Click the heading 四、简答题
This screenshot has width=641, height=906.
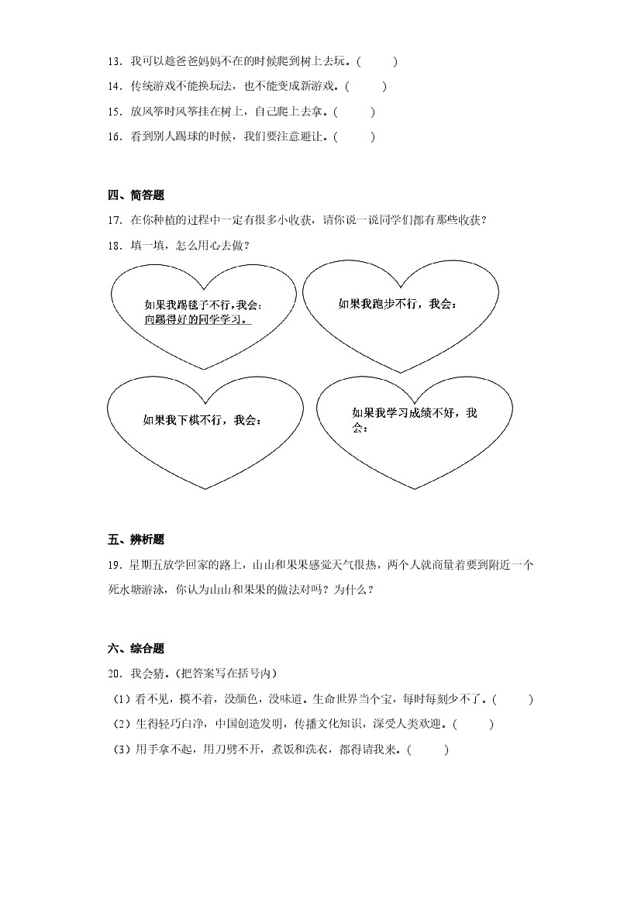click(136, 195)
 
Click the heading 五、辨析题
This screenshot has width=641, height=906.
click(136, 540)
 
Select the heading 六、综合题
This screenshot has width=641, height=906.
click(136, 649)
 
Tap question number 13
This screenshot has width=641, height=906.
click(115, 61)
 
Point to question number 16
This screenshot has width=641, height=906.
click(115, 137)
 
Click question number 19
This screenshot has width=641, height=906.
click(115, 566)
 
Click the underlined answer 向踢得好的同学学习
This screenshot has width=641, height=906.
click(198, 319)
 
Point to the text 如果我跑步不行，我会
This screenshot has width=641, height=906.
click(397, 304)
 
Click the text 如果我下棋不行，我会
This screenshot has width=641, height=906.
click(202, 420)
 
